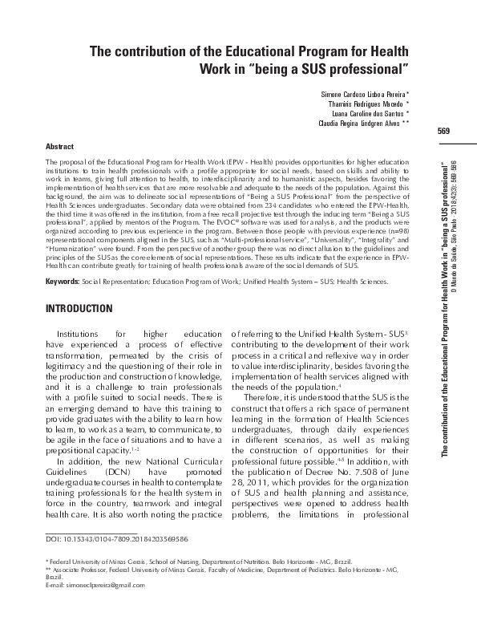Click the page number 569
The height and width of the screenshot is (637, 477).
(x=443, y=132)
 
